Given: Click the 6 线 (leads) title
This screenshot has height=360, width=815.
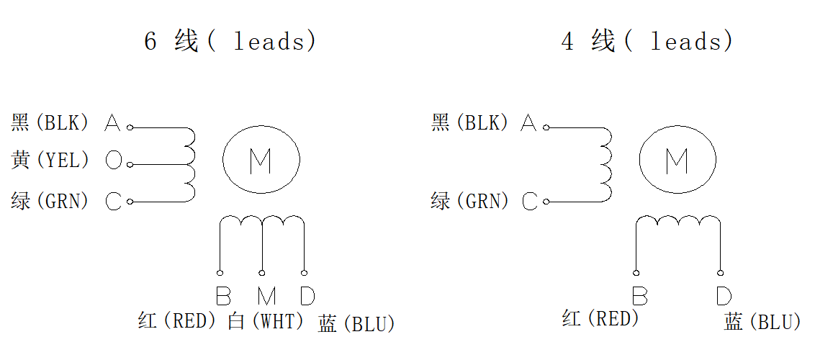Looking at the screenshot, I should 230,41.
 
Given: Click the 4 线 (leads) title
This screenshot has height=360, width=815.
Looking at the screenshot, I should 647,41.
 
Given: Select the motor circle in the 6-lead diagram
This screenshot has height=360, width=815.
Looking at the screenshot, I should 261,161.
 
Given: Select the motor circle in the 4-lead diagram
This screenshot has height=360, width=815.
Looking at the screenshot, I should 677,161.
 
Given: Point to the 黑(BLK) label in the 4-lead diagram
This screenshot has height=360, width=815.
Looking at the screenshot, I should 469,123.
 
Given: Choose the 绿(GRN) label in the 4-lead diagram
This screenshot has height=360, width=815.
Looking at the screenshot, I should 469,201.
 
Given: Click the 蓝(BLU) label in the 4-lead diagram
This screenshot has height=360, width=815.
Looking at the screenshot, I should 762,322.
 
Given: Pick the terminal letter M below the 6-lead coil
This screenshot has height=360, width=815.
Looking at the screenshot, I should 266,296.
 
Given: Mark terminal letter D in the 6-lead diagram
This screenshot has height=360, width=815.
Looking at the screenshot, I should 307,296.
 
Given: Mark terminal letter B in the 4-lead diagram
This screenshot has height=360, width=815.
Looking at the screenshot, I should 639,296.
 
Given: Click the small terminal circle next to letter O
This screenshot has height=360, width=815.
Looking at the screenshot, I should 130,165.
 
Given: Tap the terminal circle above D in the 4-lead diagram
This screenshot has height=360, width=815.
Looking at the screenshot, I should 721,273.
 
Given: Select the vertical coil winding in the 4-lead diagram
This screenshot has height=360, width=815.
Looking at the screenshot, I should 606,164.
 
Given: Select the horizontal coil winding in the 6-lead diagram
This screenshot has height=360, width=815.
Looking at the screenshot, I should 263,222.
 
